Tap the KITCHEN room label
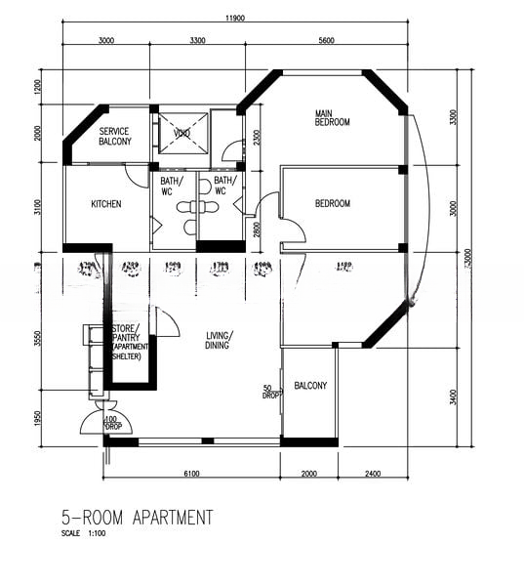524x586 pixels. pyautogui.click(x=105, y=204)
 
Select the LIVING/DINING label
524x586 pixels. pyautogui.click(x=220, y=341)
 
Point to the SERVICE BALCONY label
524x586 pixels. pyautogui.click(x=115, y=137)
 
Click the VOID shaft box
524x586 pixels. pyautogui.click(x=182, y=133)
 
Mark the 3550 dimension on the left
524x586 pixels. pyautogui.click(x=38, y=339)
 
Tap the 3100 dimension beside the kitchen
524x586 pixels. pyautogui.click(x=38, y=208)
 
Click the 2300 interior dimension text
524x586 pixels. pyautogui.click(x=256, y=137)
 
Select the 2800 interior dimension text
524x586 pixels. pyautogui.click(x=256, y=228)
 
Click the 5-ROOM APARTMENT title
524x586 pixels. pyautogui.click(x=136, y=518)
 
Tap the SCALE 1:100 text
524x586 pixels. pyautogui.click(x=83, y=534)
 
